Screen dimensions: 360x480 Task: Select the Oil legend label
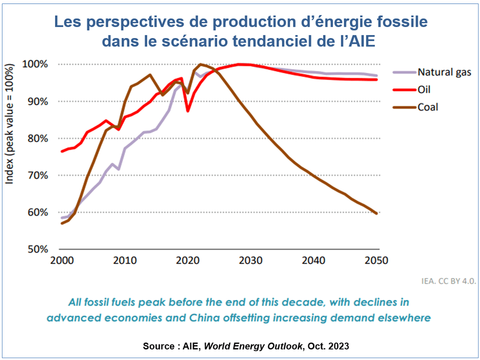pos(424,90)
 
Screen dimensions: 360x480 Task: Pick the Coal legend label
pos(428,107)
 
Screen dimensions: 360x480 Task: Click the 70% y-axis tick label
pos(37,175)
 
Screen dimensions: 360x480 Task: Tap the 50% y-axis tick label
pos(37,249)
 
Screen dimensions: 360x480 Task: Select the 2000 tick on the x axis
pos(60,260)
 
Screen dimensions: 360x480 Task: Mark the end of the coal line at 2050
pos(376,213)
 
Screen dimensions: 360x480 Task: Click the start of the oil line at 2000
pos(61,151)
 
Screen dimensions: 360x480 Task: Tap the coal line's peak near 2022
pos(200,64)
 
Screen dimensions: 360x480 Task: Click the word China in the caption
pos(213,317)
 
